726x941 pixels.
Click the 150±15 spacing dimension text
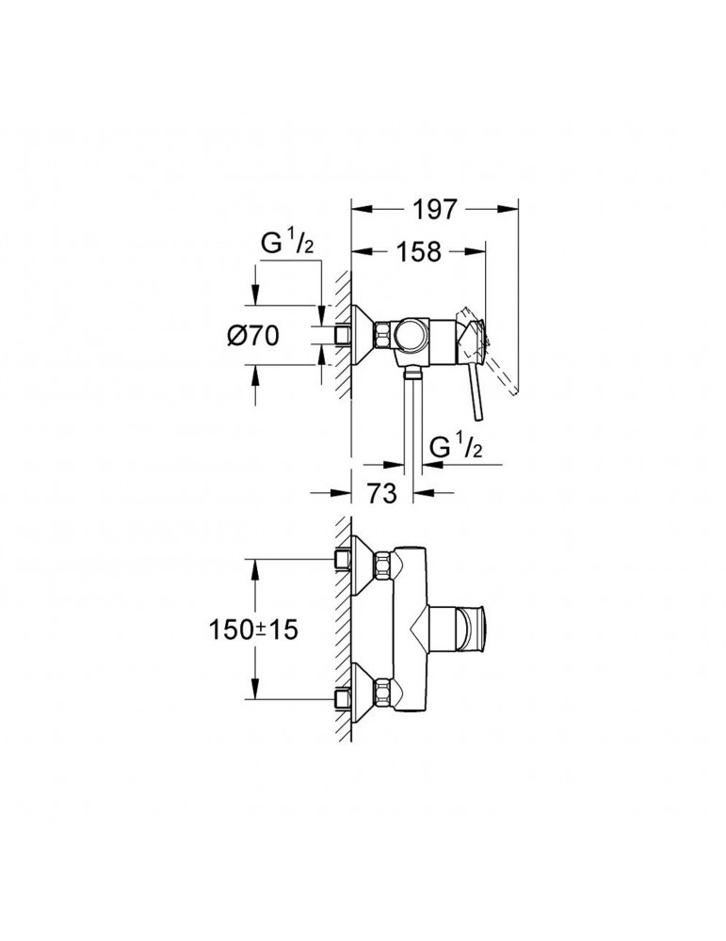(253, 630)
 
